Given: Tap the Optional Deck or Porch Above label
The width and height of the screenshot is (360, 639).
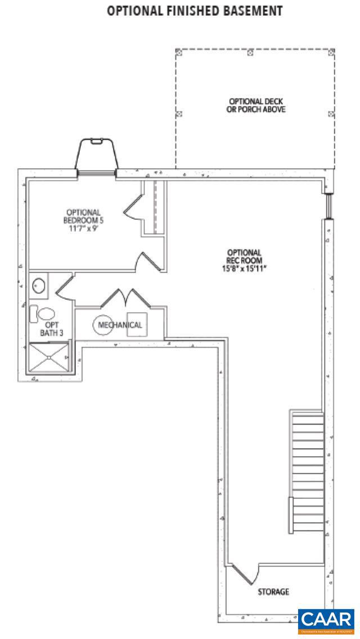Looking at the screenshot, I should (x=252, y=105).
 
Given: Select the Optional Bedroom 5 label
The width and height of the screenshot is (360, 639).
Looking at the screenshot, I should (x=83, y=216).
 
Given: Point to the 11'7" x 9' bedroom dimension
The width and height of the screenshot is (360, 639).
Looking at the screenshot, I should (x=83, y=229).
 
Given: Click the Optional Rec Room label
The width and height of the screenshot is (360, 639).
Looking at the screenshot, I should (x=244, y=256).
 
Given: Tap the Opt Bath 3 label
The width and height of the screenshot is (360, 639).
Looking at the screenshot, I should (x=51, y=328).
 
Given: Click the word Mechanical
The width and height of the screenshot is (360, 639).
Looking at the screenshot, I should (x=120, y=325).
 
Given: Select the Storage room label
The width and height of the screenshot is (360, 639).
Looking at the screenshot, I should (x=273, y=592).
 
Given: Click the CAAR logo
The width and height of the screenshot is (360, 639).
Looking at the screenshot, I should (x=326, y=620).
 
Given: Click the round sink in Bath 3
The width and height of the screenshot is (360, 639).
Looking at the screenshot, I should (x=38, y=286).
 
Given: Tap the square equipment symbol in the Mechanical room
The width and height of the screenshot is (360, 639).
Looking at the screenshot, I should (x=137, y=325).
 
